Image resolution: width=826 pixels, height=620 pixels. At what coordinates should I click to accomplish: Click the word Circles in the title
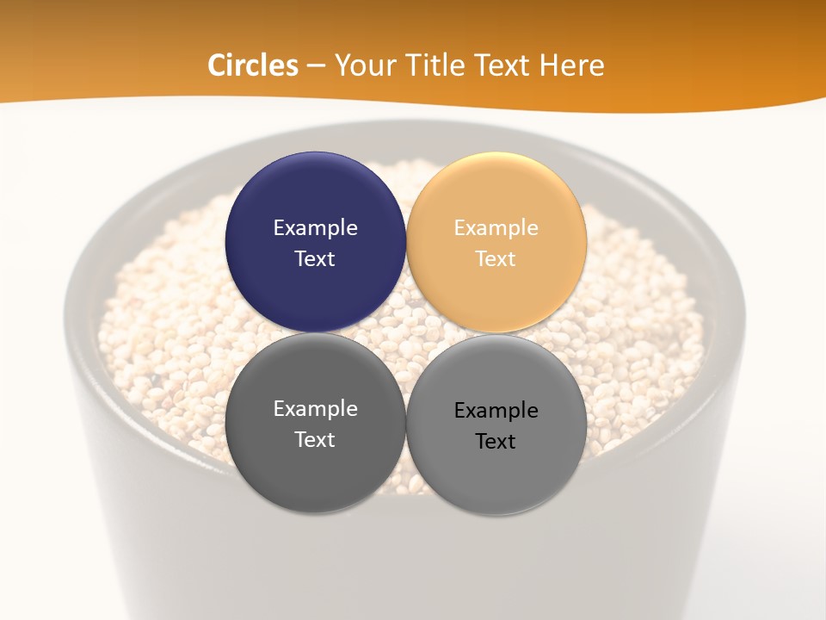coord(253,65)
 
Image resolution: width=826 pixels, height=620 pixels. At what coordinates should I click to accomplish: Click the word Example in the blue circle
coord(315,228)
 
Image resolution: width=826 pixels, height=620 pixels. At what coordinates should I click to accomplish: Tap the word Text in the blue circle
coord(315,259)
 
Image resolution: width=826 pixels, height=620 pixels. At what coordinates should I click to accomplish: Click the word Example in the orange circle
coord(496,228)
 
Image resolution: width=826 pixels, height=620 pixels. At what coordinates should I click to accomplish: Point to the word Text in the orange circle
coord(496,259)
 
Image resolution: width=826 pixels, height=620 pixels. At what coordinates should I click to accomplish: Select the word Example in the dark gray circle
coord(315,409)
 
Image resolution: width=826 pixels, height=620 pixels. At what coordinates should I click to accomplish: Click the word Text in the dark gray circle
coord(315,440)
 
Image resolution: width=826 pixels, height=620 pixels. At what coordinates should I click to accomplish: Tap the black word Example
coord(496,411)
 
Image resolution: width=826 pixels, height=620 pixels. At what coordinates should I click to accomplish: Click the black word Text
coord(496,442)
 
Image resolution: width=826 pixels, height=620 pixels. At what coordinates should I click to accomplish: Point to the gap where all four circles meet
coord(406,333)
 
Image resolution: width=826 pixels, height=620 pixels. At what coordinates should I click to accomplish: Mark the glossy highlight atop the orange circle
coord(496,169)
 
